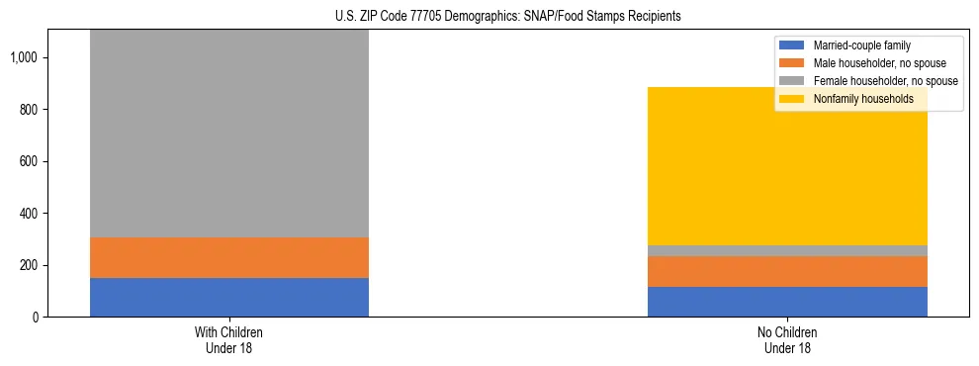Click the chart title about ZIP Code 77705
489,17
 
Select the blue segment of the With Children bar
229,297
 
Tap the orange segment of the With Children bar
229,257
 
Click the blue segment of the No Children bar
787,302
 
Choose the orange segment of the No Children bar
787,271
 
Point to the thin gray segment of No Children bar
787,250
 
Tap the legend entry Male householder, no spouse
870,63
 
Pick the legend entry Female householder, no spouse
874,81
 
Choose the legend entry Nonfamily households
856,99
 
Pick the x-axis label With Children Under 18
229,339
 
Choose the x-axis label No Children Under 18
787,339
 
